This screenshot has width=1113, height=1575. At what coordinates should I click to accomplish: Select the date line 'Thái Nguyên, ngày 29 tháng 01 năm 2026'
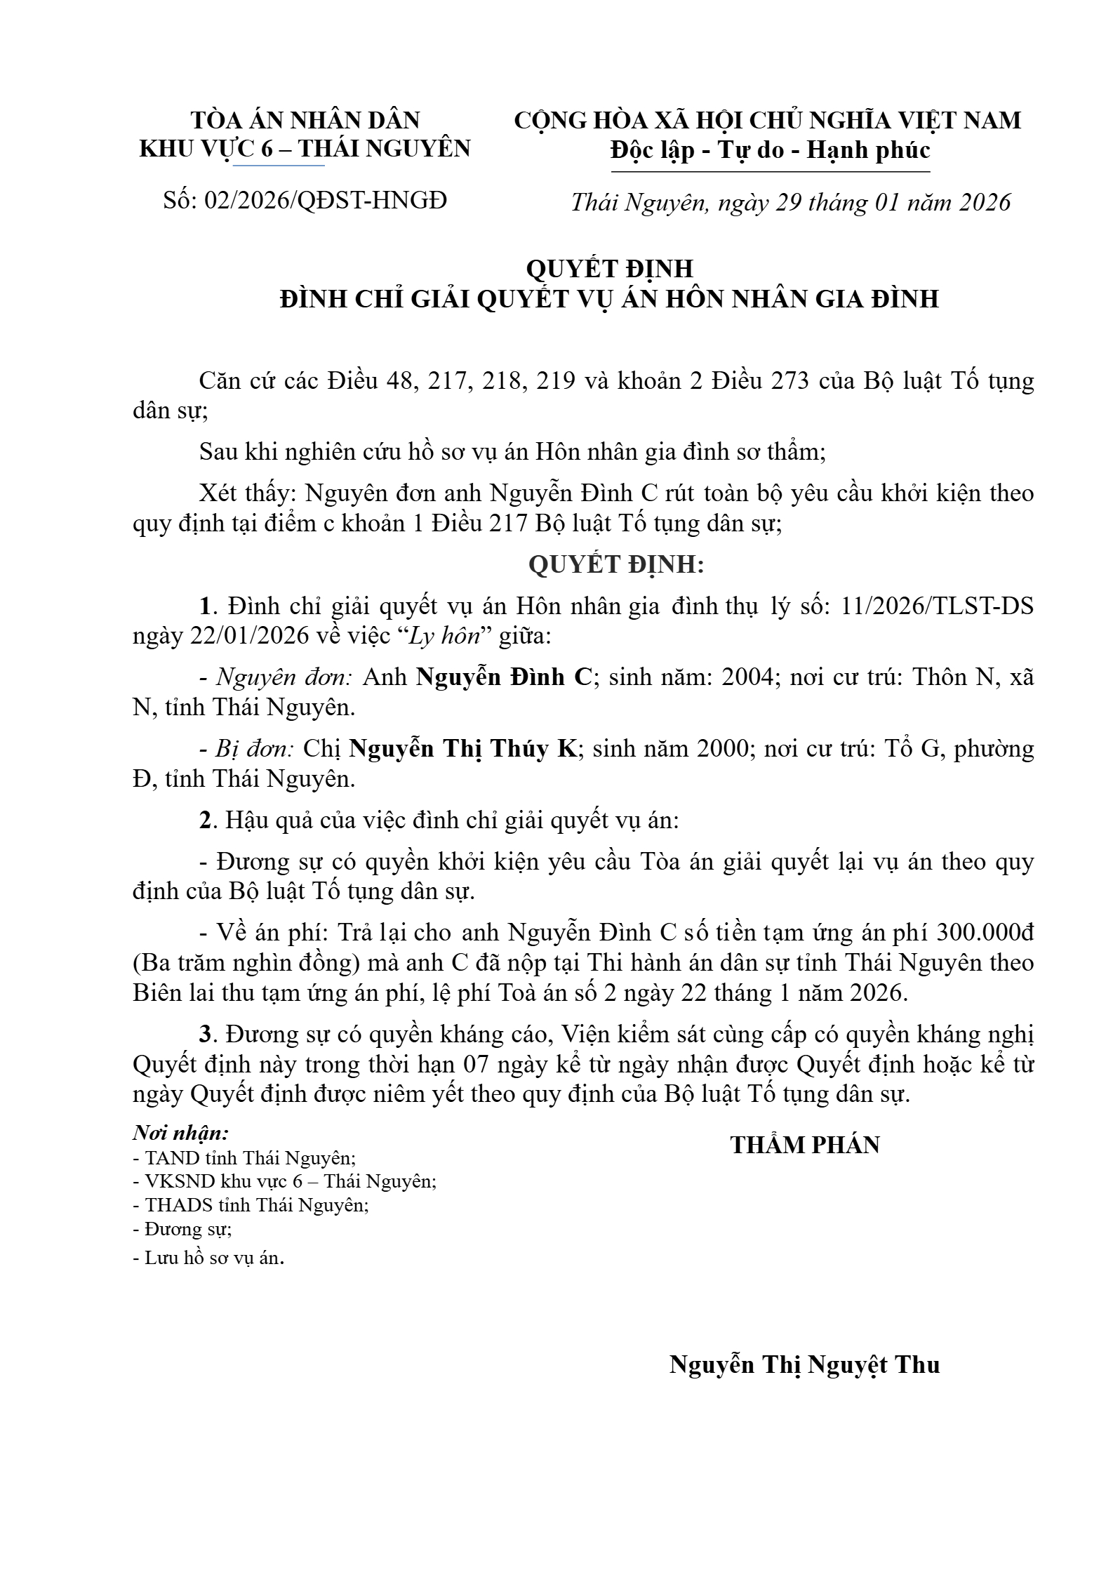point(790,202)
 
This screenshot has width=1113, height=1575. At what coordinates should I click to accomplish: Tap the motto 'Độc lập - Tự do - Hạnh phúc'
point(770,150)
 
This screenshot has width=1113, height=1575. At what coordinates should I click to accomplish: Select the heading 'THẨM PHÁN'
point(805,1145)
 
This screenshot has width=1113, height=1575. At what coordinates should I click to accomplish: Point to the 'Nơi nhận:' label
point(181,1133)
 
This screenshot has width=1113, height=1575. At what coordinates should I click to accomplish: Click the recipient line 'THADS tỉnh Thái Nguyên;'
point(251,1205)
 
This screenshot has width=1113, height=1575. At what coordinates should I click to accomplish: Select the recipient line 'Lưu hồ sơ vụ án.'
point(209,1258)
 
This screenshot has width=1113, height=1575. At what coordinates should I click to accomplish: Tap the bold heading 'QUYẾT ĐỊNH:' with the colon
point(615,564)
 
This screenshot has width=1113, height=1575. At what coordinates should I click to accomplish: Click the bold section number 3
point(205,1034)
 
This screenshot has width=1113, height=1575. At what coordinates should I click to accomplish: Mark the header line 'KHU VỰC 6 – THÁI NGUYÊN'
point(305,149)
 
